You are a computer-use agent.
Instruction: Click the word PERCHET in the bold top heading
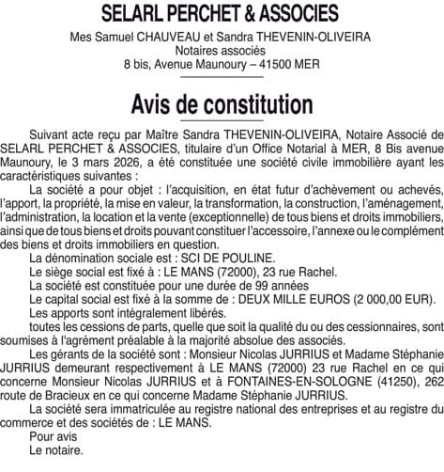186,15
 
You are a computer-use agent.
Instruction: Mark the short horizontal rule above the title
222,83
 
